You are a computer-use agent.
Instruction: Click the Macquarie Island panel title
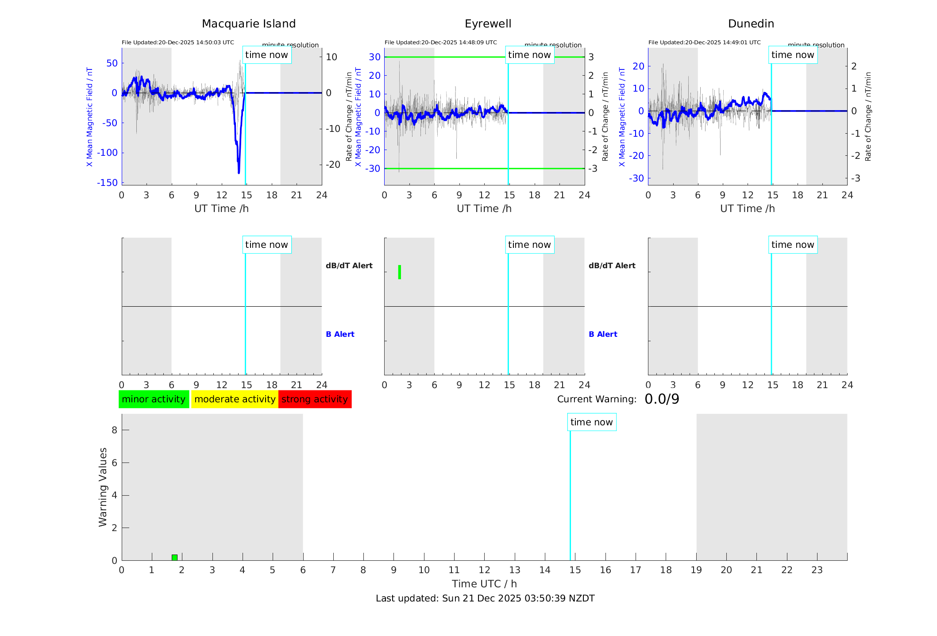point(248,24)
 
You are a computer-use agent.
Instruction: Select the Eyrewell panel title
point(488,24)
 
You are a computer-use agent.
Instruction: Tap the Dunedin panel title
point(751,24)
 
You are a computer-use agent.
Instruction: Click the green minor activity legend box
point(154,399)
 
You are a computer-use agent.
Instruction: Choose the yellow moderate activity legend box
point(235,399)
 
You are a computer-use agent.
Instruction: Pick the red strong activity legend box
point(315,399)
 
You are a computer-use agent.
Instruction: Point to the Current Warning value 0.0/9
point(662,399)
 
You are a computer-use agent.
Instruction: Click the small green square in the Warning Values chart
point(174,557)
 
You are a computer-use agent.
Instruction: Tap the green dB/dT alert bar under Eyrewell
point(400,272)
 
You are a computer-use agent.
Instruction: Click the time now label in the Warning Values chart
point(591,422)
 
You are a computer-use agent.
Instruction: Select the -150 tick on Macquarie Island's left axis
point(108,183)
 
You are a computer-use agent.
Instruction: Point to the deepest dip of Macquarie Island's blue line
point(239,172)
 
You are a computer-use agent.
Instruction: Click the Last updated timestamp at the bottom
point(485,598)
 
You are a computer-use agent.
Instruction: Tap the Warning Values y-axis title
point(103,487)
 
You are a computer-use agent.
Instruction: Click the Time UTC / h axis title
point(484,584)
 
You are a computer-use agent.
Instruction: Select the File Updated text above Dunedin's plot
point(704,42)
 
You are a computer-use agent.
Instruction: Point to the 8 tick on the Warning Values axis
point(115,430)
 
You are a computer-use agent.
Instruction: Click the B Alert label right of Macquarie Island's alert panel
point(340,334)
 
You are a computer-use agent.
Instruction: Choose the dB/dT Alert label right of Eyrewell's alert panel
point(612,266)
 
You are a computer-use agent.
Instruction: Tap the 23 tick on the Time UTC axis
point(817,570)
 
